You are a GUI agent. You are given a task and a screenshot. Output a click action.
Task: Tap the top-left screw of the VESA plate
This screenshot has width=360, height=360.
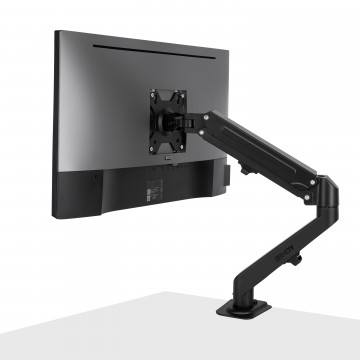(x=155, y=96)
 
